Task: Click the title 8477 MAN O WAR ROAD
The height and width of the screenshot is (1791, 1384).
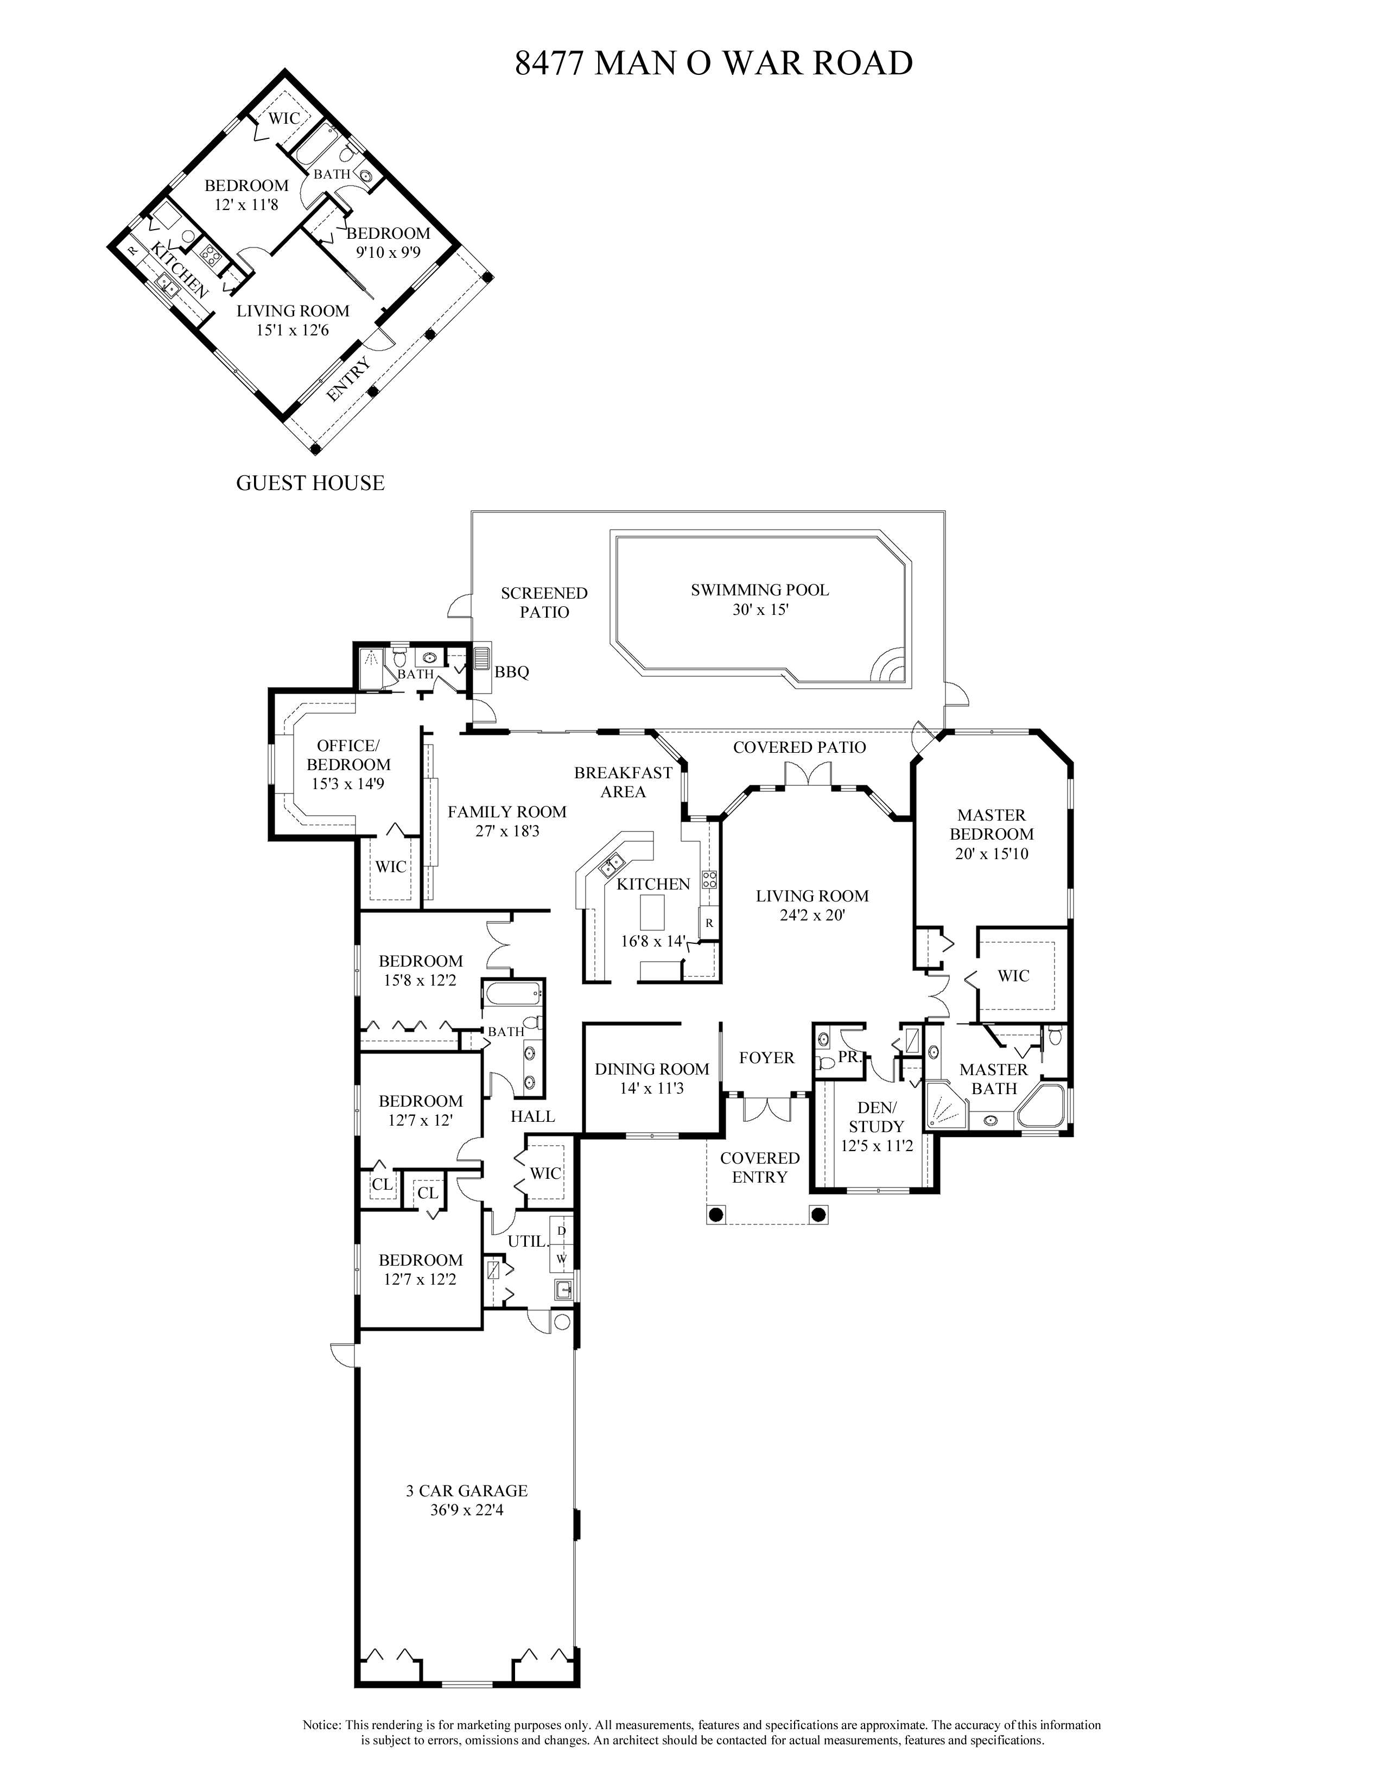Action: click(x=713, y=63)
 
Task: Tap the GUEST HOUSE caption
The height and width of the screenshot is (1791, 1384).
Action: click(x=310, y=483)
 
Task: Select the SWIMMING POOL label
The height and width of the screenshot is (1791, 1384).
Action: click(x=759, y=589)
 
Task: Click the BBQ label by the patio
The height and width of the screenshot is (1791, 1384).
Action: click(x=512, y=672)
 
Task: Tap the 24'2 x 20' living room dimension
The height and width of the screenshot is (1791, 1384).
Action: click(x=812, y=915)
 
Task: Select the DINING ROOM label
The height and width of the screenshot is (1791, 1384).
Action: click(x=652, y=1069)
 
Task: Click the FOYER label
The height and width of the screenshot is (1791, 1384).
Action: click(x=766, y=1058)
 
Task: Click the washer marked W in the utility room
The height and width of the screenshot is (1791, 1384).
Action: click(x=562, y=1258)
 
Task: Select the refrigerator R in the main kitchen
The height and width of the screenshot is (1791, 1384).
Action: click(x=709, y=923)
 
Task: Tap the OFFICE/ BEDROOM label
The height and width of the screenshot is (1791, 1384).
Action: click(x=348, y=754)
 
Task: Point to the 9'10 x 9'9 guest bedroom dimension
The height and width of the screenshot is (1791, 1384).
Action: click(x=388, y=252)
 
